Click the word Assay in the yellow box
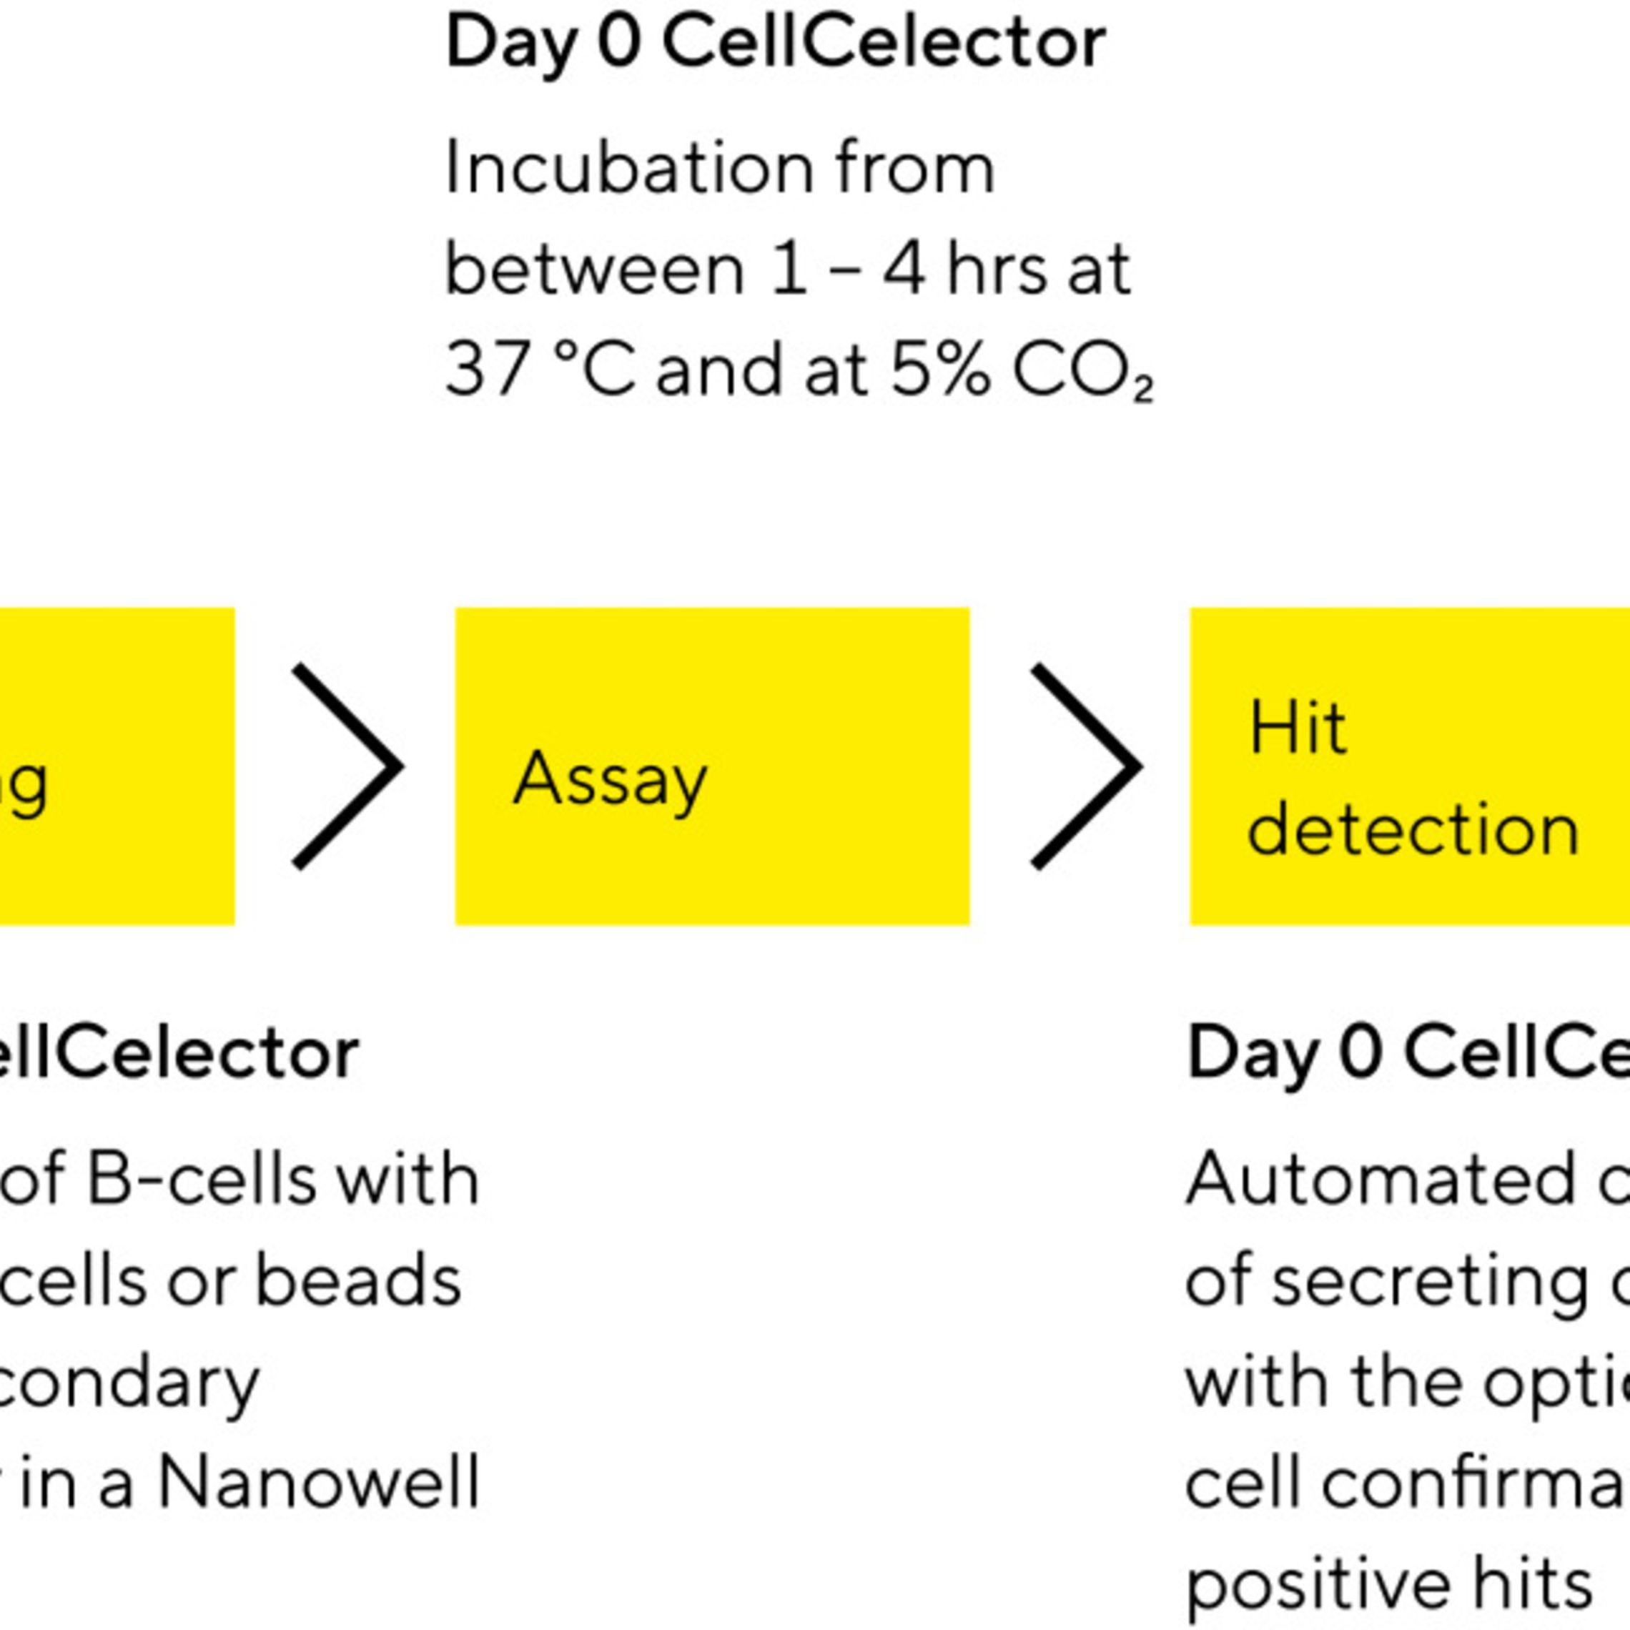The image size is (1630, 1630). point(609,779)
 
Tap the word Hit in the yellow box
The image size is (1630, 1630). point(1297,727)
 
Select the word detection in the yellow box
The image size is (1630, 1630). point(1413,831)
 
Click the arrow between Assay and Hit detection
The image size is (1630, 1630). point(1087,766)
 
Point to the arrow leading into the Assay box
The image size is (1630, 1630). point(347,766)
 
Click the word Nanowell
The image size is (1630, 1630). point(319,1481)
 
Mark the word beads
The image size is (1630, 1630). point(357,1280)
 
